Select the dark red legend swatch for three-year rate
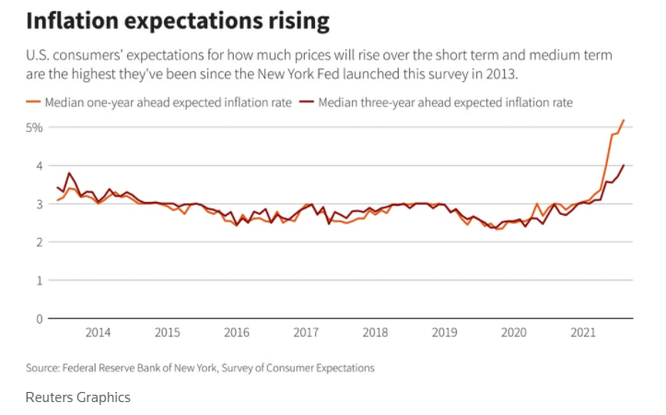click(307, 102)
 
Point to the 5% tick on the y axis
click(34, 127)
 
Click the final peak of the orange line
click(624, 120)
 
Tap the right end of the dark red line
click(624, 166)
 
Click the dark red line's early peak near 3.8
click(69, 173)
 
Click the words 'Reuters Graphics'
click(78, 397)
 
